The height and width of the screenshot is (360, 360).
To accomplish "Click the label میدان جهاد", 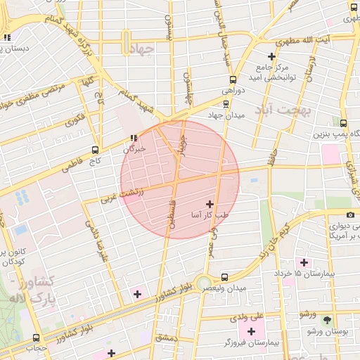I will click(x=225, y=115).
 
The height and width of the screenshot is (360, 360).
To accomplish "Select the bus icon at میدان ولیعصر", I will click(x=224, y=278).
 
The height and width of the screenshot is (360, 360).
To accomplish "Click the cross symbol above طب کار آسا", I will click(x=209, y=203).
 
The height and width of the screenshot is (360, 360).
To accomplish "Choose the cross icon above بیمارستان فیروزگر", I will click(x=251, y=330).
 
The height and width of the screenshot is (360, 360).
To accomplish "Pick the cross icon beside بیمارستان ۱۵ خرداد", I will click(x=304, y=262).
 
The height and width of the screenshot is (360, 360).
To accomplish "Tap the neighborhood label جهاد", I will click(x=142, y=49).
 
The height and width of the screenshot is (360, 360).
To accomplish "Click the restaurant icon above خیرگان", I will click(x=133, y=138).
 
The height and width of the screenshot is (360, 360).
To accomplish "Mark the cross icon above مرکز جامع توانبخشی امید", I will click(x=272, y=56).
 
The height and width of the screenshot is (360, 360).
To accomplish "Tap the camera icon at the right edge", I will click(x=350, y=214).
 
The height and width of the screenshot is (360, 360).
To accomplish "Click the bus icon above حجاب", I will click(x=37, y=337).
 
